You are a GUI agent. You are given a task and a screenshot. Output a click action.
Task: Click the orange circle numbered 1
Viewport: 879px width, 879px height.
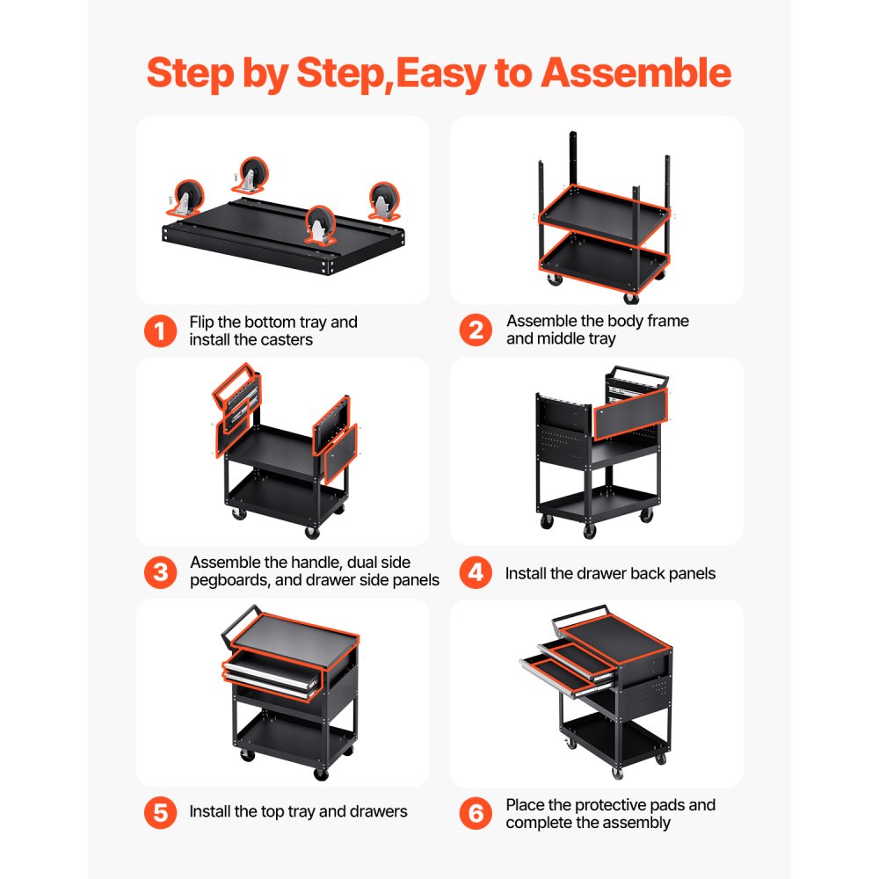[x=160, y=331]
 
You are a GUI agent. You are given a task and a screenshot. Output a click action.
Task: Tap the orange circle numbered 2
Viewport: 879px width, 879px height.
[x=476, y=331]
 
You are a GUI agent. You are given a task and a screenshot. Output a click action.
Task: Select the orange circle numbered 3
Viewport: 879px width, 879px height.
[x=160, y=572]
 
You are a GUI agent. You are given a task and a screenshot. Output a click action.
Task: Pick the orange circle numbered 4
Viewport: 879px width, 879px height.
[x=476, y=573]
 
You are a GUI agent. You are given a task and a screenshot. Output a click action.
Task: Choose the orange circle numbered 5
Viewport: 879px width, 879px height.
[x=160, y=812]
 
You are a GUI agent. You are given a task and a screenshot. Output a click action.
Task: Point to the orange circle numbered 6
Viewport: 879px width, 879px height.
[x=476, y=813]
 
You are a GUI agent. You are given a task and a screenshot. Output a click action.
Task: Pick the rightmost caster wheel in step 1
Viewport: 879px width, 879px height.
[x=383, y=200]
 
